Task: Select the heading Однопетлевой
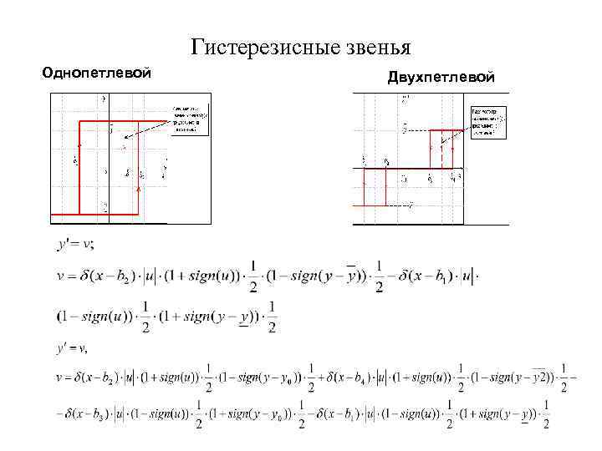[97, 73]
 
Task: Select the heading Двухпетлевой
[441, 78]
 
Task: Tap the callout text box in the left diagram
[190, 119]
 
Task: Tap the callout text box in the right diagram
[489, 122]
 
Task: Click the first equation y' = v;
[75, 245]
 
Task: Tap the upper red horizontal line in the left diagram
[121, 121]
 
